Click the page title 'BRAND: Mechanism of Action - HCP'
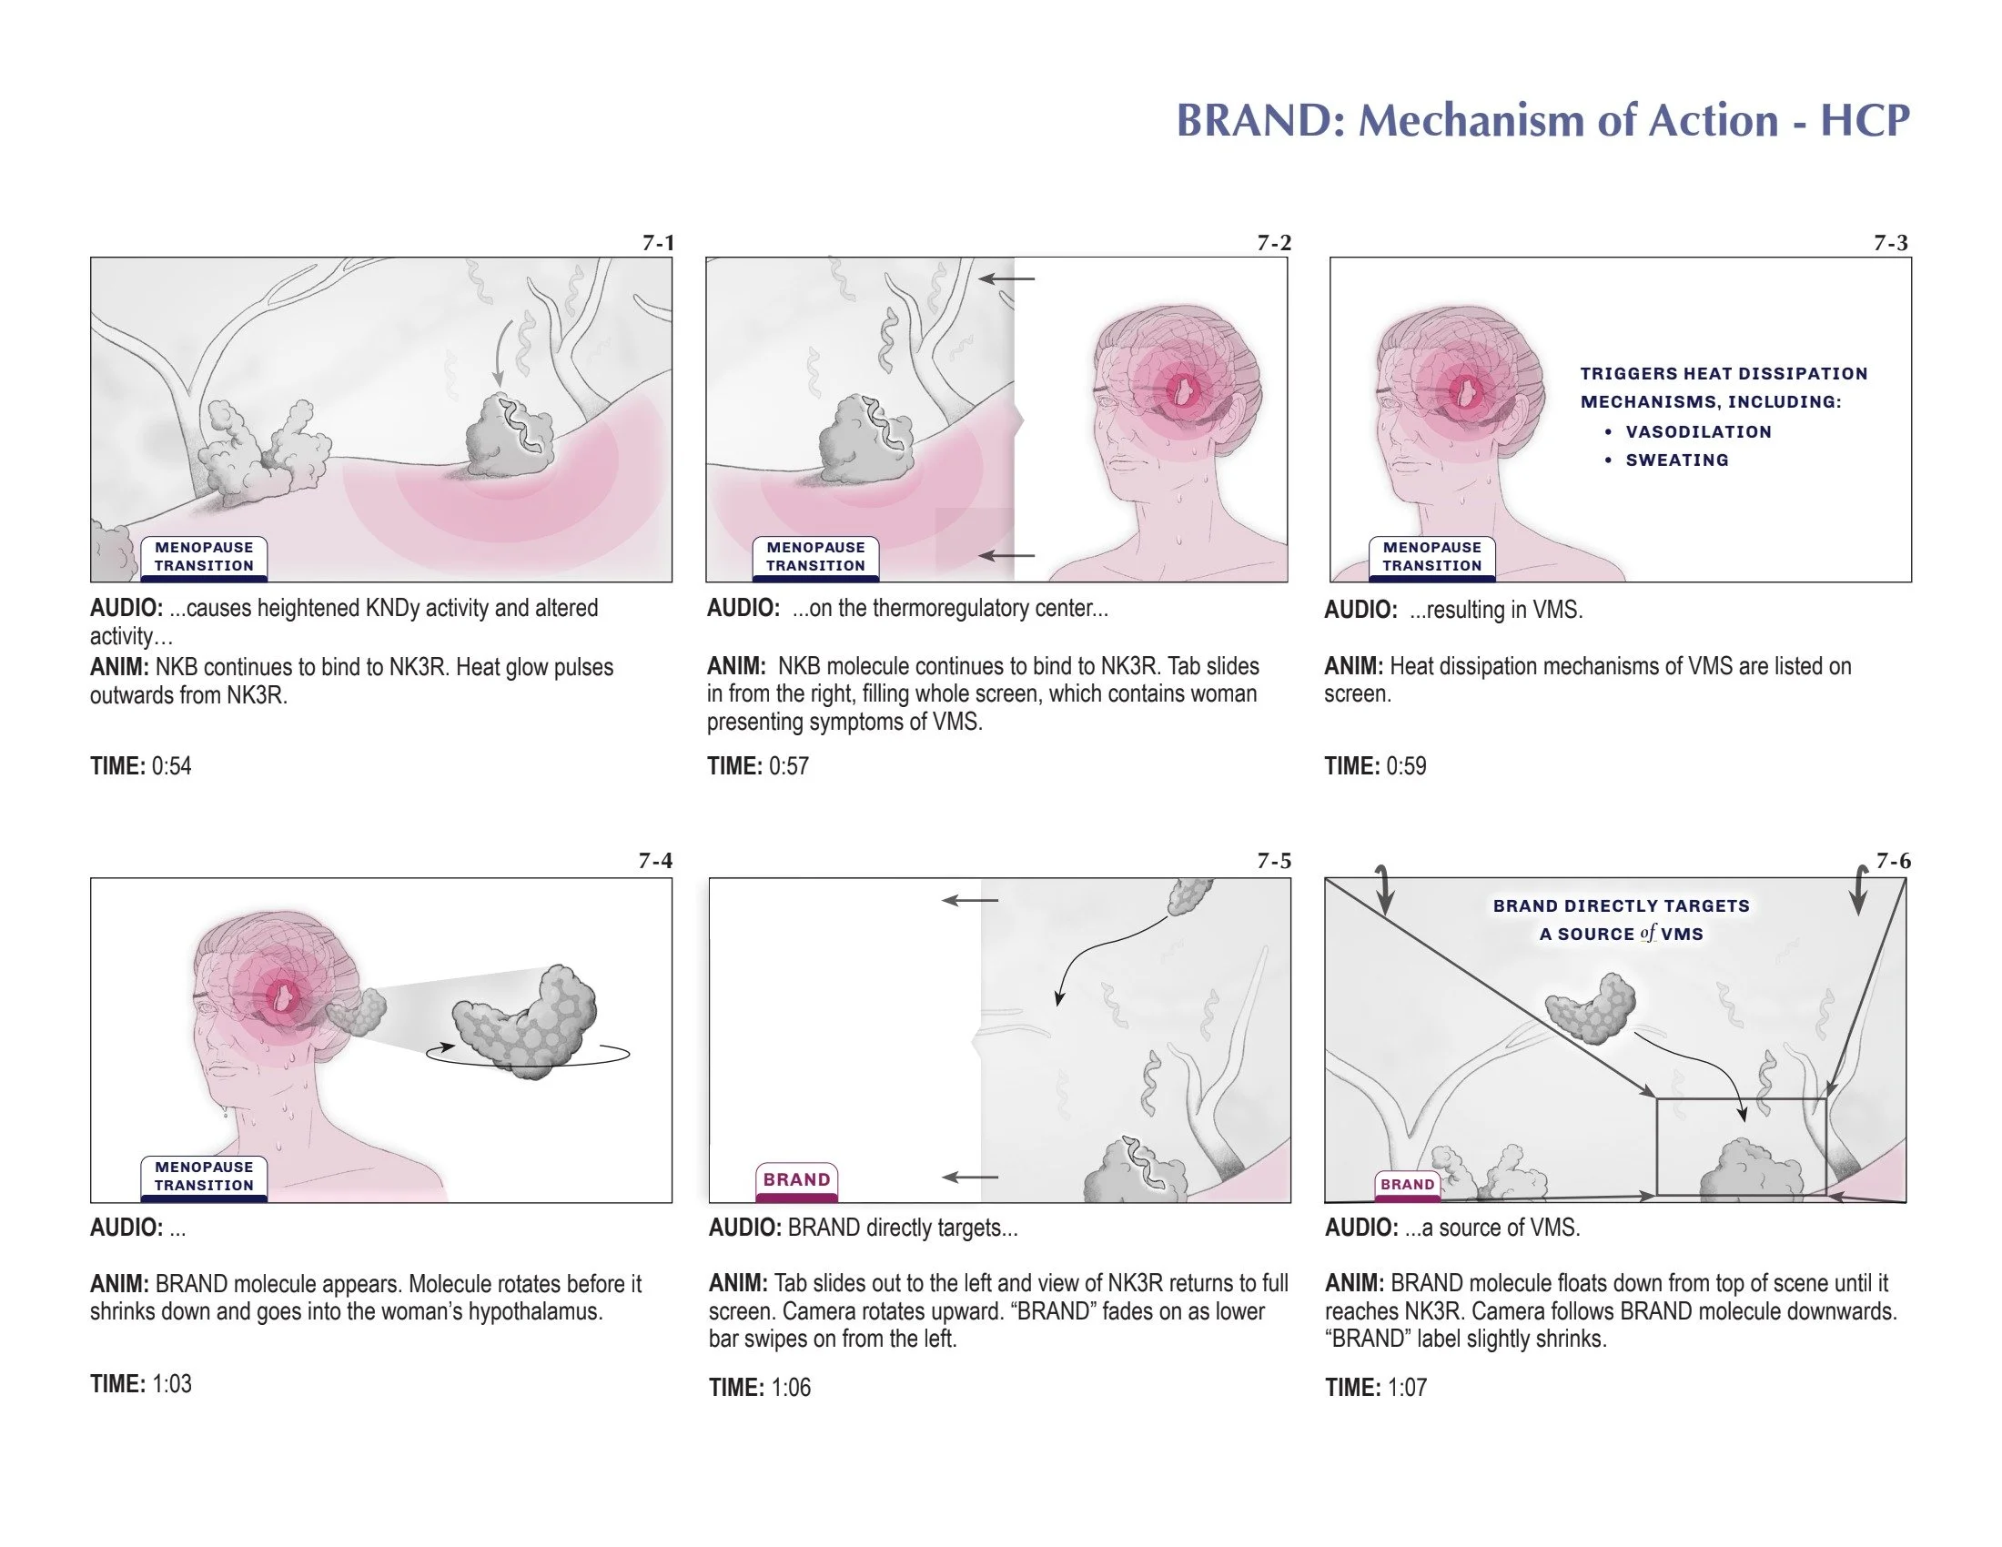1542,121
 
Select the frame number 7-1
657,243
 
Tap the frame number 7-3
1890,243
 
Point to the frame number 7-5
1273,861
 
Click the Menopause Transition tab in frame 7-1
204,556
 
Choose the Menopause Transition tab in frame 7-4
204,1176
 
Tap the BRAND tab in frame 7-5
796,1179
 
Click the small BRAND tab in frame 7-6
1407,1184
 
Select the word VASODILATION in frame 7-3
1698,431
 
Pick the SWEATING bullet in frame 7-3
1676,460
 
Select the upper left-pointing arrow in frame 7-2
1006,278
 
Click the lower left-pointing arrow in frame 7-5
970,1178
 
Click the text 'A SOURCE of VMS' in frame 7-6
1621,934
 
